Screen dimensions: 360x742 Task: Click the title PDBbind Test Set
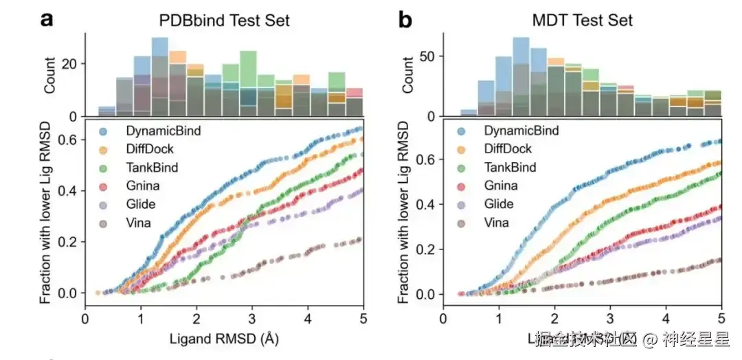(x=225, y=21)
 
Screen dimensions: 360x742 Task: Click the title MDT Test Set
(x=581, y=21)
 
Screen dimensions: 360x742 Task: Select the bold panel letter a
(x=47, y=20)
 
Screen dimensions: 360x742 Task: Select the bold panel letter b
(x=405, y=20)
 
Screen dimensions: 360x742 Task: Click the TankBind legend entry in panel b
(x=510, y=167)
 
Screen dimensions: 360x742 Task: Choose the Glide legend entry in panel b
(x=499, y=204)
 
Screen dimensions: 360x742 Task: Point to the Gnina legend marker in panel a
(x=103, y=185)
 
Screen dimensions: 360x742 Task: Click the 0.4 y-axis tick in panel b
(x=427, y=204)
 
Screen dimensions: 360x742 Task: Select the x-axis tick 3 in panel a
(x=252, y=319)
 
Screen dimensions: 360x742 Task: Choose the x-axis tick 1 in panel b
(x=498, y=319)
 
